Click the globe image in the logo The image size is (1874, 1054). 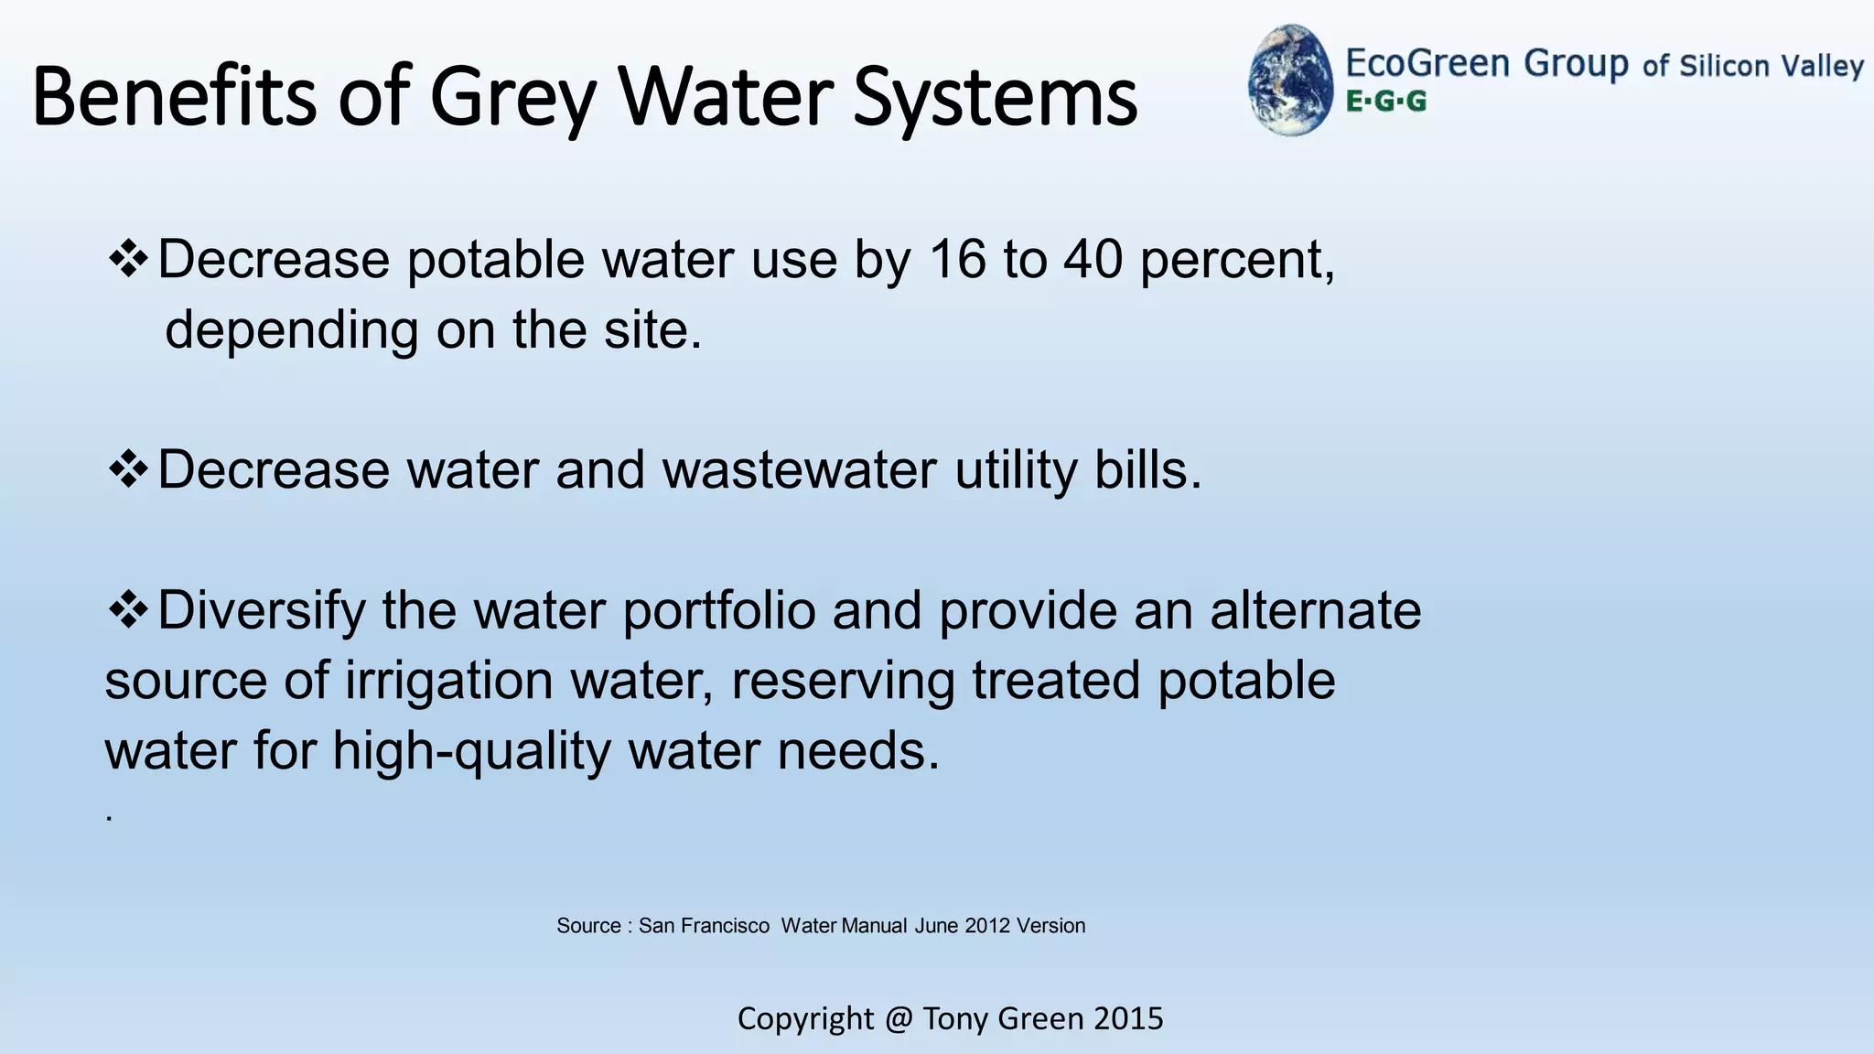(1291, 81)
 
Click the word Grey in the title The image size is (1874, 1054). (512, 98)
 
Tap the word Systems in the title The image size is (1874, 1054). (995, 98)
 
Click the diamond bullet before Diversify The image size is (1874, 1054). (128, 610)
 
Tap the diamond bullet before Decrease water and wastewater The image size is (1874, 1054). (128, 470)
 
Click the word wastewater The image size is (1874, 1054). (800, 470)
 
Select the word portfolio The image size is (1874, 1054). (719, 610)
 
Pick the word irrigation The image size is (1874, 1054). (448, 681)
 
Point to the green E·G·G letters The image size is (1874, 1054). (1385, 102)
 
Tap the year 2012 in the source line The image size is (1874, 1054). (986, 926)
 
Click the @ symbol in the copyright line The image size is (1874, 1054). (899, 1018)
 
